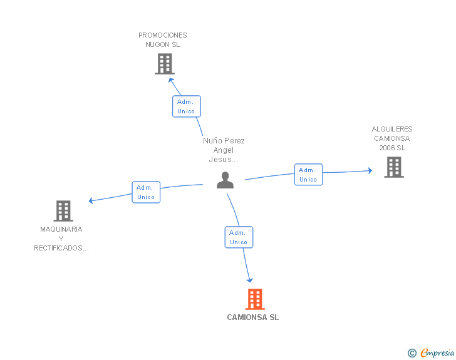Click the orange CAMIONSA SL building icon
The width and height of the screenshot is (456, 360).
[254, 299]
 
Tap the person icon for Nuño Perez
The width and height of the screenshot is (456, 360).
[225, 180]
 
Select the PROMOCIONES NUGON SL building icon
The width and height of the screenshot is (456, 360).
[164, 64]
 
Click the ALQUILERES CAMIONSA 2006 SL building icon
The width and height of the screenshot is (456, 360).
[393, 167]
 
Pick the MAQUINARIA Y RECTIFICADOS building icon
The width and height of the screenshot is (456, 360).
[63, 211]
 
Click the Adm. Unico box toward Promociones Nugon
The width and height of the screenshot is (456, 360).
[186, 106]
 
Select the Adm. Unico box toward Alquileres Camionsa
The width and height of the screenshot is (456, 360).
[308, 175]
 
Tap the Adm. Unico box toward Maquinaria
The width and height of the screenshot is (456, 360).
[146, 192]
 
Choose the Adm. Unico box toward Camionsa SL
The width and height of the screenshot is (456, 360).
[239, 237]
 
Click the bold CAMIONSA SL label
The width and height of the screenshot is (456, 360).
[253, 317]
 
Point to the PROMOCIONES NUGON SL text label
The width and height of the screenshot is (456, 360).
[163, 40]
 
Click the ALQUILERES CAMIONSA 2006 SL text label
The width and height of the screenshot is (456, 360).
[392, 138]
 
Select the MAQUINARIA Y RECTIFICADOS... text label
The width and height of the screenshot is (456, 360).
[61, 239]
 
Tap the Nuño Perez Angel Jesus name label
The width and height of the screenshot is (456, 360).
[224, 150]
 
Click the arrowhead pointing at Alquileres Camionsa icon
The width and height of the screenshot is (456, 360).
[370, 170]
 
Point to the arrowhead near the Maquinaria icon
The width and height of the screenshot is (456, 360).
[91, 201]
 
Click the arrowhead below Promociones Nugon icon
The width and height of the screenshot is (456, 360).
[171, 80]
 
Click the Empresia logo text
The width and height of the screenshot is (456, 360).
[437, 352]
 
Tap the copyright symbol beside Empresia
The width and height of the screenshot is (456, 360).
[412, 353]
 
